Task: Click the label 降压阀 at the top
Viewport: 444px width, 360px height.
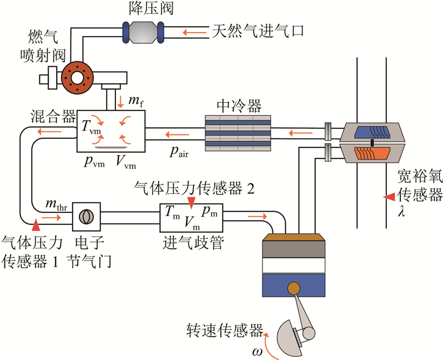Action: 141,9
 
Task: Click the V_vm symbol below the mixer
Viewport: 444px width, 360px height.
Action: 126,163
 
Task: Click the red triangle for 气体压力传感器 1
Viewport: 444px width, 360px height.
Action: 37,226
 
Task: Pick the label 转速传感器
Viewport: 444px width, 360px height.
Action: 224,331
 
